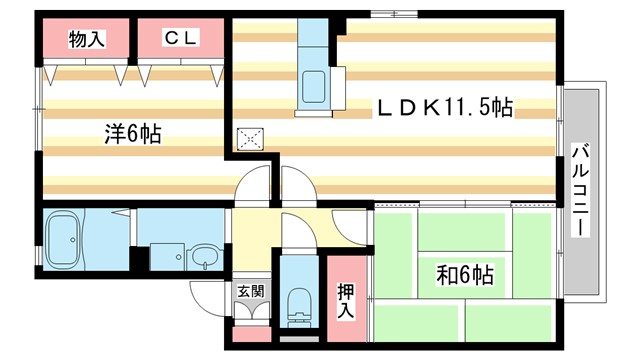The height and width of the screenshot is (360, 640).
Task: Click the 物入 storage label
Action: tap(86, 39)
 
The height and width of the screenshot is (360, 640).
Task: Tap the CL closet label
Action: tap(180, 39)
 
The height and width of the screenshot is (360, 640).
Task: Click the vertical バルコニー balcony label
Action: tap(579, 189)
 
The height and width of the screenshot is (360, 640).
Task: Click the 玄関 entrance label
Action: tap(250, 292)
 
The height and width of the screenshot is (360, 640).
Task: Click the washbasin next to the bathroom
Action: tap(206, 256)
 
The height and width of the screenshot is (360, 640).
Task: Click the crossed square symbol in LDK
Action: tap(247, 140)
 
